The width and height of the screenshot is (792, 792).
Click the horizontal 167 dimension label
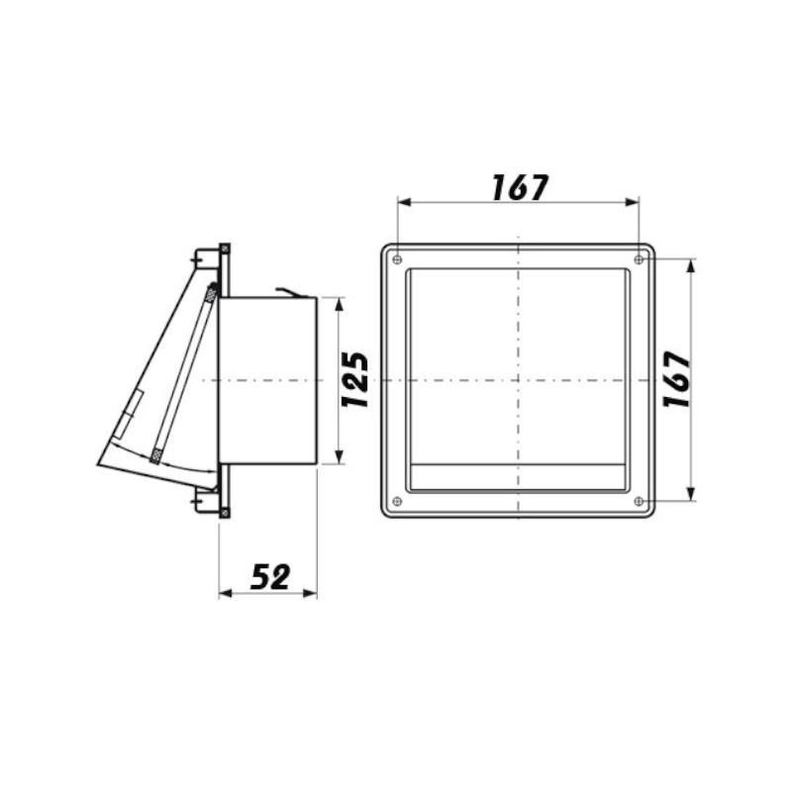[x=520, y=187]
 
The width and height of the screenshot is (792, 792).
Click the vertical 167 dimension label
[x=677, y=379]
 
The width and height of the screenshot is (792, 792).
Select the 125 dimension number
[x=355, y=380]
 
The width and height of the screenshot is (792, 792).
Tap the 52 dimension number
[x=270, y=577]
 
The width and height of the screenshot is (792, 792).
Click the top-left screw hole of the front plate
[x=397, y=259]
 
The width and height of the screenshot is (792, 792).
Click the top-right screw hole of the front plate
[x=639, y=259]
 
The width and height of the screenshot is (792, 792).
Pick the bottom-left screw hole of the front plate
[x=397, y=501]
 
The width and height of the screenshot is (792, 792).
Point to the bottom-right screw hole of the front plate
[x=639, y=501]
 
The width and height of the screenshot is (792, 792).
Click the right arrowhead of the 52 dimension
[x=310, y=593]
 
